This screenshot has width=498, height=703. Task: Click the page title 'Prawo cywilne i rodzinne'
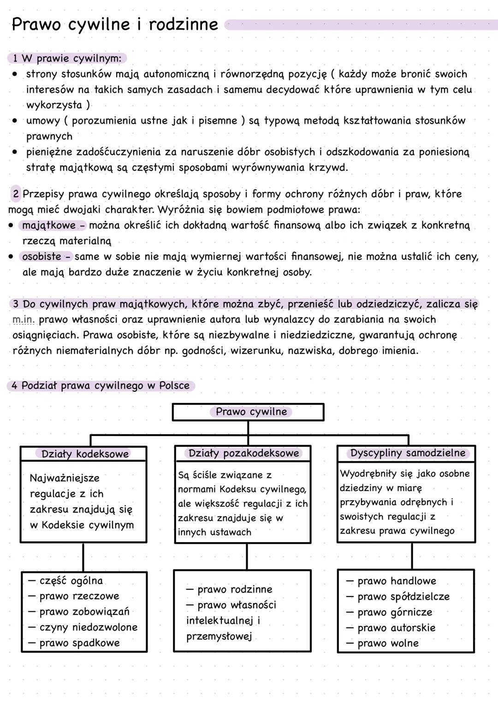coord(114,24)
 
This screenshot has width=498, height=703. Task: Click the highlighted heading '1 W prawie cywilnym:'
coord(67,59)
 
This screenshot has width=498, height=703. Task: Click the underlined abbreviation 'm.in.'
coord(24,319)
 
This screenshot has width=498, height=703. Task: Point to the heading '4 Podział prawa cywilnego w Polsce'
coord(101,386)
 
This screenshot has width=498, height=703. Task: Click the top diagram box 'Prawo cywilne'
coord(248,412)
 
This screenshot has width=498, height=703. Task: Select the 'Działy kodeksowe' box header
coord(84,454)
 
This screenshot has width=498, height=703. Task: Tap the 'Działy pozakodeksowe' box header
coord(243,453)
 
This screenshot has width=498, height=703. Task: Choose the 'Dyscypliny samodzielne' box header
coord(407,453)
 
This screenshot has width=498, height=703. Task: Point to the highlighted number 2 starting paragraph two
coord(16,194)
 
